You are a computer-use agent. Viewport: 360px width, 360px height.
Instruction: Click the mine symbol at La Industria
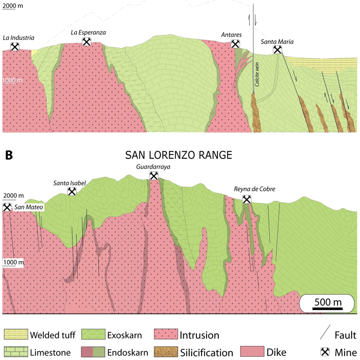point(15,46)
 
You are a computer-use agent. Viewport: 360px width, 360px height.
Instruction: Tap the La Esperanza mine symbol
point(86,42)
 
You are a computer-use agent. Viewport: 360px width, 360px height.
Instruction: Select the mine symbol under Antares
point(236,44)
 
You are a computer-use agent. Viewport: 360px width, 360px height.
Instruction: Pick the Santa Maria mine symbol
point(277,50)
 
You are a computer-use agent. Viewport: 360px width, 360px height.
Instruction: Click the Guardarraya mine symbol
point(153,176)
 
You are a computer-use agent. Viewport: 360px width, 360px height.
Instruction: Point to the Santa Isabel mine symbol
point(72,191)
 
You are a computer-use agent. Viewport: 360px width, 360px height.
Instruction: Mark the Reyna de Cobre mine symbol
point(247,199)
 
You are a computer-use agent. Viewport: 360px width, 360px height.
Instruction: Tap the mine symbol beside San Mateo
point(7,207)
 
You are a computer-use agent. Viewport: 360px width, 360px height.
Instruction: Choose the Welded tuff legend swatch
point(14,334)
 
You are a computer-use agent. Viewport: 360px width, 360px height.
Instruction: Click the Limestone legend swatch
point(14,352)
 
